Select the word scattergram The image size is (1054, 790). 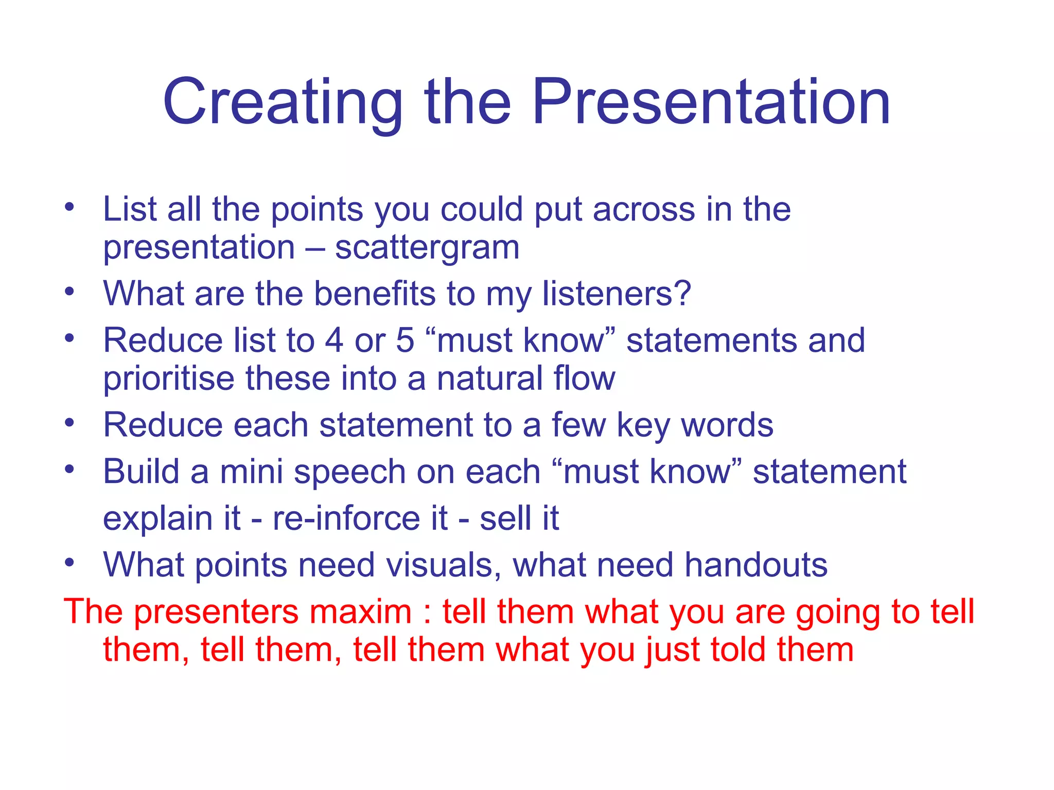click(x=427, y=248)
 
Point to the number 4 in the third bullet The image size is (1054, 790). click(x=334, y=340)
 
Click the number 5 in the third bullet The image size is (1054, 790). click(x=405, y=340)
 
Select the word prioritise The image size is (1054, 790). click(x=169, y=379)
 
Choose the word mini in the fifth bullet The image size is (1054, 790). click(x=251, y=472)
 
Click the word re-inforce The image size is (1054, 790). click(x=360, y=518)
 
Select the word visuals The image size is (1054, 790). click(x=444, y=565)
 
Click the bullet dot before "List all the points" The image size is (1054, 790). click(x=69, y=208)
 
